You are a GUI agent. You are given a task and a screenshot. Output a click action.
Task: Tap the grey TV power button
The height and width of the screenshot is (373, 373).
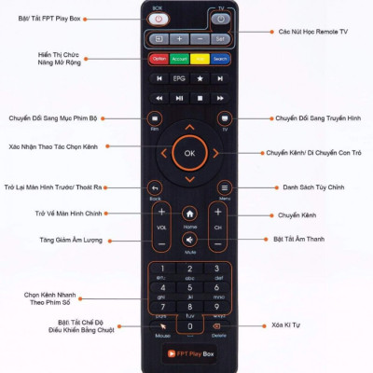tap(220, 19)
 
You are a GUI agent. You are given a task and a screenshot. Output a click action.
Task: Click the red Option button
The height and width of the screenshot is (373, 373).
tap(159, 59)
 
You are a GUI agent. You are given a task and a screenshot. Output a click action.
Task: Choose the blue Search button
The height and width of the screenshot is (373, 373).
tap(220, 59)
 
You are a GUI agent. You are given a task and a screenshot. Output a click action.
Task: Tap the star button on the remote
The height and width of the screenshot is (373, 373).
tap(200, 97)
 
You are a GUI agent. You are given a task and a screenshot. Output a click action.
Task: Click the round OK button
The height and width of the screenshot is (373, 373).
tap(189, 151)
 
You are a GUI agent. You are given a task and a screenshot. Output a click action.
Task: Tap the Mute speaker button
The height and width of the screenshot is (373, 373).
tap(189, 240)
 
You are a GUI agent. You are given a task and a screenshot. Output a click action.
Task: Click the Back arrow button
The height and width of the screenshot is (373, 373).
tap(156, 187)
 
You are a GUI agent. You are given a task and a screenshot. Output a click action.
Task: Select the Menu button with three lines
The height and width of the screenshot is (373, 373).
tap(224, 187)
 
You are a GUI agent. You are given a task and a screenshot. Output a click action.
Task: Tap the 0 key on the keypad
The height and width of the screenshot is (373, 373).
tap(189, 322)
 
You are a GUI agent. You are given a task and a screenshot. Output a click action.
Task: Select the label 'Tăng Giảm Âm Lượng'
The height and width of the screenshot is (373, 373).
tap(70, 240)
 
